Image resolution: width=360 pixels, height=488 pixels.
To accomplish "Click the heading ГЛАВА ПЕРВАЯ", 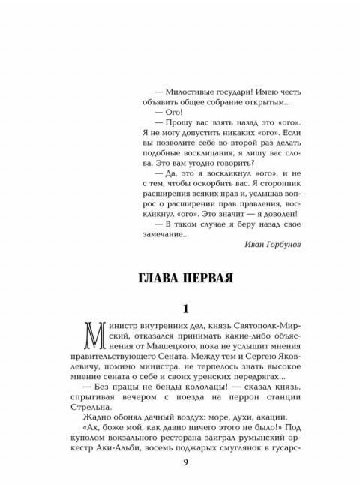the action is point(179,276).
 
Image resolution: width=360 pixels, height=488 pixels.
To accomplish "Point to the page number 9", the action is point(181,462).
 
